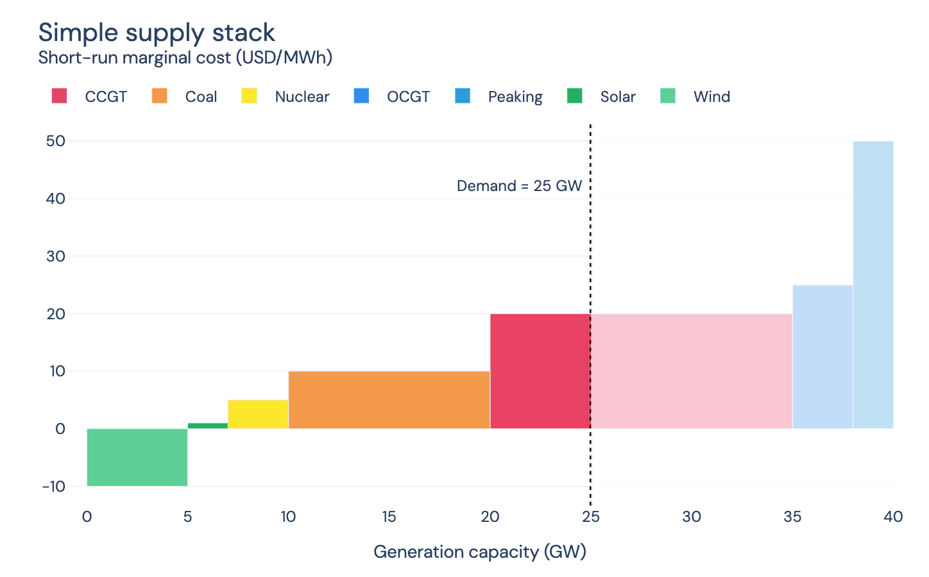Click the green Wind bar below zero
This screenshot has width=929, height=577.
137,457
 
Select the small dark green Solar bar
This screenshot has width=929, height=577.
208,426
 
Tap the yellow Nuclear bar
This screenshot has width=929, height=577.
258,414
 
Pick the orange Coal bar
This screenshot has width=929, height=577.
389,399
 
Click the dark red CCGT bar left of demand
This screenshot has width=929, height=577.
540,371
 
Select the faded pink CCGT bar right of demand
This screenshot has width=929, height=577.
692,371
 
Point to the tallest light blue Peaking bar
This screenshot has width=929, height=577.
873,285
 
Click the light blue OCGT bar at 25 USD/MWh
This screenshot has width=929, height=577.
822,356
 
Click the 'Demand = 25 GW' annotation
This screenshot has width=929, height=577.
519,186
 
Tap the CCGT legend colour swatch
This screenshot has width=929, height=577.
60,96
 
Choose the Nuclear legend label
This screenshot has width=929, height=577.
302,97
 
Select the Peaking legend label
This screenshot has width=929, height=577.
515,97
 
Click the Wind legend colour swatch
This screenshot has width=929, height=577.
668,96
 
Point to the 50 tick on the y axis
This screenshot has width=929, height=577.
56,141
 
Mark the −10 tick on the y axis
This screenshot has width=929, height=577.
55,486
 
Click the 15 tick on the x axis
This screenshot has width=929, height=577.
389,517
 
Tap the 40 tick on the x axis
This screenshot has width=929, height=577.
893,517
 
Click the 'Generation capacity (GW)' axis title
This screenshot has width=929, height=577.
480,552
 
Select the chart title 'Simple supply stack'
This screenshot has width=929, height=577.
157,33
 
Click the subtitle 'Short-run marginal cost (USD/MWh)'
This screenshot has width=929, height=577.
185,58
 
